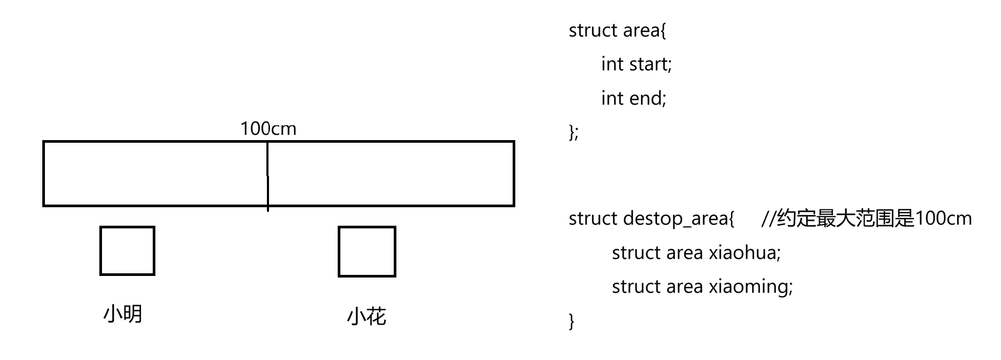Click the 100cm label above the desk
tap(268, 128)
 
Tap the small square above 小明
tap(127, 251)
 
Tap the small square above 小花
tap(367, 252)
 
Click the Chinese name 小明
tap(123, 314)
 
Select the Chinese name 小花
tap(367, 317)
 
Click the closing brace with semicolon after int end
tap(573, 132)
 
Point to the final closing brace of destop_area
tap(571, 321)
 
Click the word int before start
tap(612, 64)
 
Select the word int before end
tap(612, 98)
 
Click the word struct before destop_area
tap(593, 219)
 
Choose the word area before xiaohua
tap(683, 253)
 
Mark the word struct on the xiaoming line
tap(636, 287)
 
